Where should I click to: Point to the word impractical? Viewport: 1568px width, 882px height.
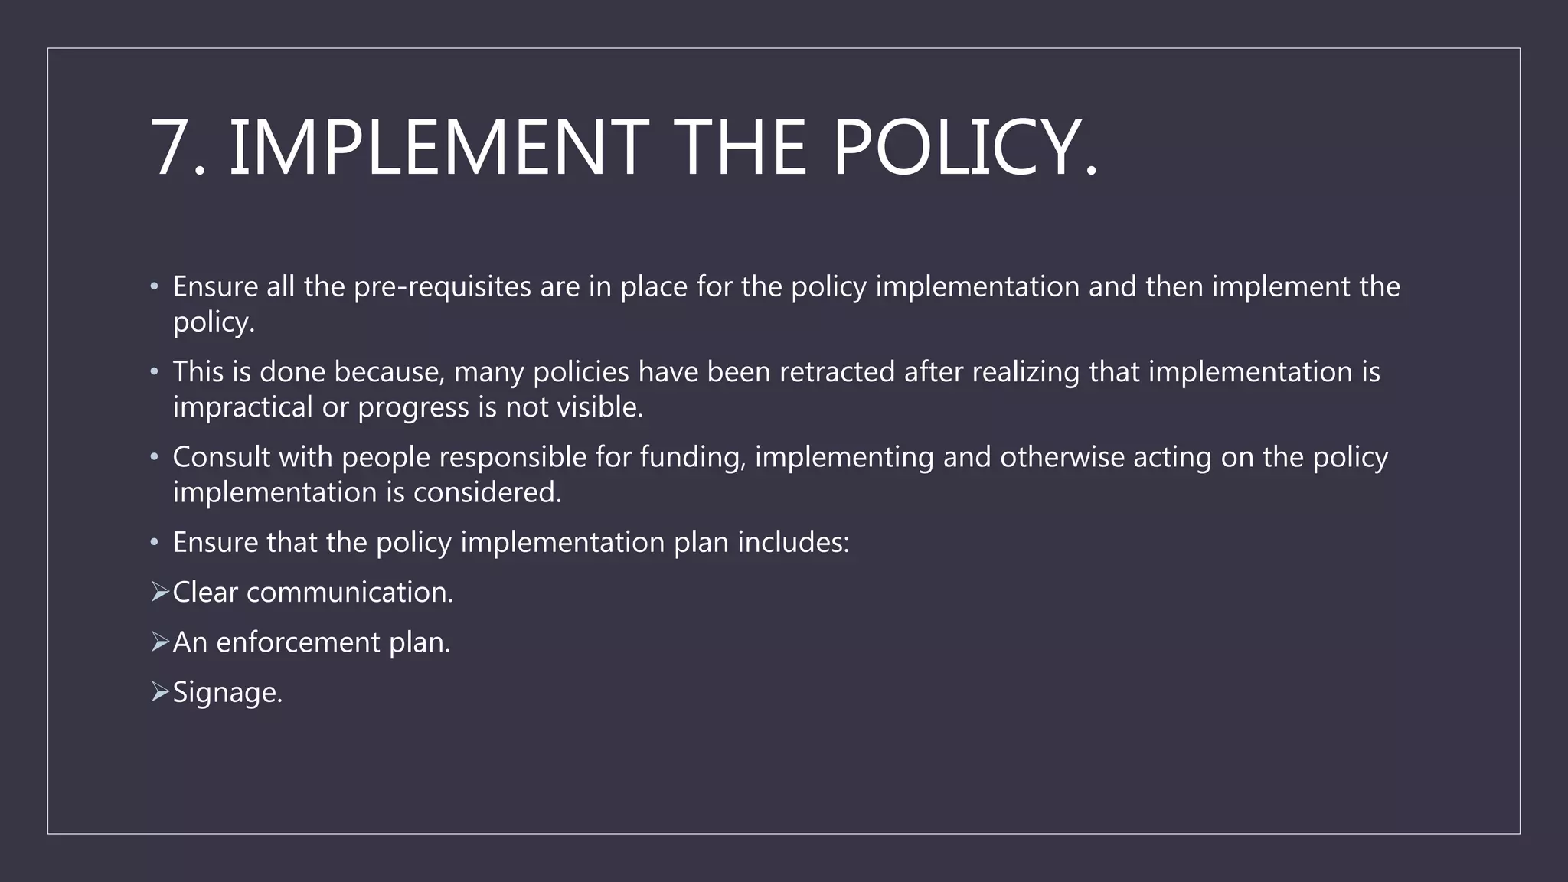coord(242,407)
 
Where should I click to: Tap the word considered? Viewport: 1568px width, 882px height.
coord(487,492)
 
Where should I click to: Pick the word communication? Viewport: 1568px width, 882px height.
coord(349,593)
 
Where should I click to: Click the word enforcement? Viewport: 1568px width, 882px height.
coord(298,642)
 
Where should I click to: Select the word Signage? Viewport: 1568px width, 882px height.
coord(227,693)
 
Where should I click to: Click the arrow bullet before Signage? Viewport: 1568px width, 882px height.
coord(159,692)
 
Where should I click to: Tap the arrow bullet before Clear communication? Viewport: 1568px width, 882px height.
coord(159,592)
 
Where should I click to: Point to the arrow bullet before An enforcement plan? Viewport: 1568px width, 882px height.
coord(159,642)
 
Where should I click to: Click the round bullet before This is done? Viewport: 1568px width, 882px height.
coord(155,372)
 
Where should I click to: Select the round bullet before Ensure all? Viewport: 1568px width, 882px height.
coord(155,287)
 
